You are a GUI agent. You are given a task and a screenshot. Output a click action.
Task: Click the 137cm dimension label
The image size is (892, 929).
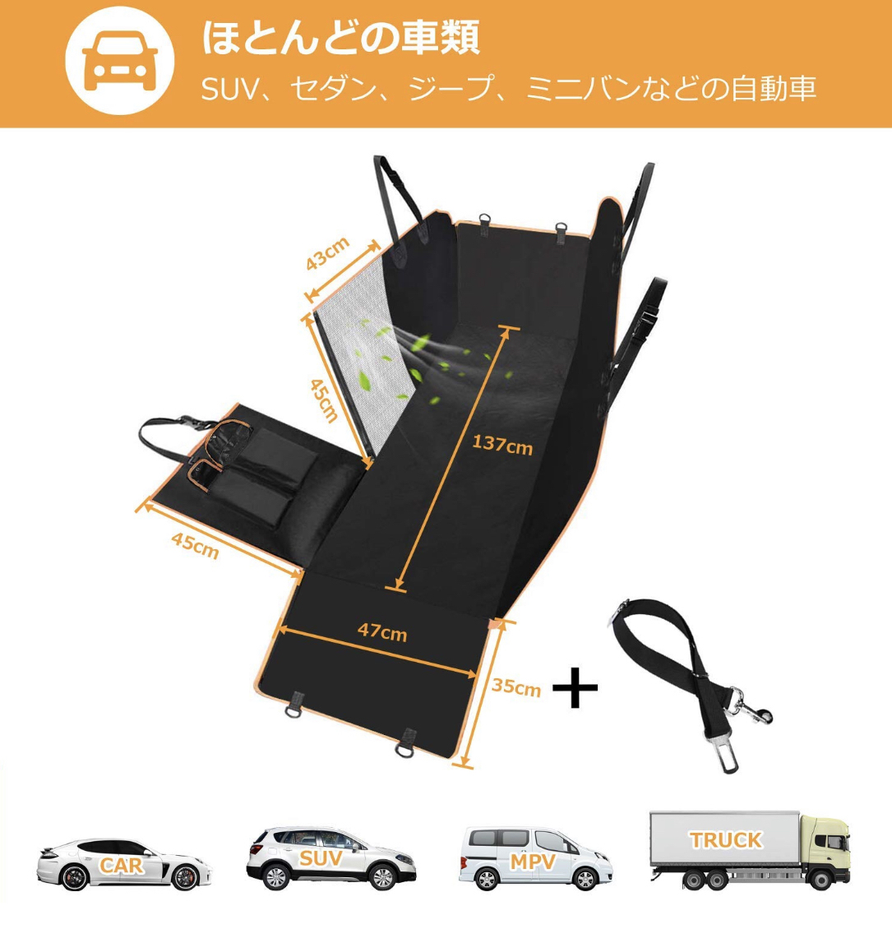501,445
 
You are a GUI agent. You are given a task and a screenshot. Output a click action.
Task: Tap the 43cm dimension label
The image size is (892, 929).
328,253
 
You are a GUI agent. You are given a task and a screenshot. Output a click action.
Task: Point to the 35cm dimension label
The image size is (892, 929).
516,686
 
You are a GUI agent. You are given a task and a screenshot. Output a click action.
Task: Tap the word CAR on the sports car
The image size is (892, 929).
122,865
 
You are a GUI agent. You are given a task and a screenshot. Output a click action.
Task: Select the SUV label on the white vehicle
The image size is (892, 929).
321,859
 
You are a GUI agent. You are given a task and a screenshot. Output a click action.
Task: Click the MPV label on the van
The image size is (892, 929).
533,862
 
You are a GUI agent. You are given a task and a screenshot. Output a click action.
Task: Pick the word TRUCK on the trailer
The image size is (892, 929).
725,839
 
